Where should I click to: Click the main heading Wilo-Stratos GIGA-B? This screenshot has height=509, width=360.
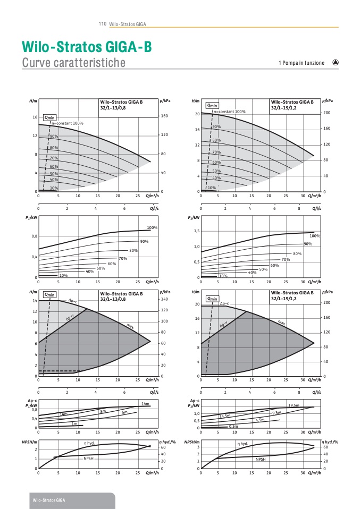coord(87,47)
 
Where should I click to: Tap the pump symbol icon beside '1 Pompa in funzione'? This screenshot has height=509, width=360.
coord(335,62)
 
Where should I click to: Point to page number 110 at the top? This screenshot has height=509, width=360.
coord(103,24)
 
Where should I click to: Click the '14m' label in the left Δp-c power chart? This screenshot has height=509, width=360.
coord(145,404)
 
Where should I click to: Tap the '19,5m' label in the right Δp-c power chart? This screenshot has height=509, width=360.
coord(294,405)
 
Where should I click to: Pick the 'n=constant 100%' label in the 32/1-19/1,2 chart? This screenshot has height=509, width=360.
coord(230,112)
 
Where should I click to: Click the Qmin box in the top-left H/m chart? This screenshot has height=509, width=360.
coord(50,117)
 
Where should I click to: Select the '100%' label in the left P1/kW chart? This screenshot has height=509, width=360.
coord(153,227)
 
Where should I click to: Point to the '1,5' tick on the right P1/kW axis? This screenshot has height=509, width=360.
coord(196,231)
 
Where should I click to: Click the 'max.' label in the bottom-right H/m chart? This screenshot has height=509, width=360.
coord(282,322)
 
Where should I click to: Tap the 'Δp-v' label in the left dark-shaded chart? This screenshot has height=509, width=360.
coord(70,318)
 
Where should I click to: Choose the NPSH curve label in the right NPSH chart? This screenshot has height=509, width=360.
coord(261,459)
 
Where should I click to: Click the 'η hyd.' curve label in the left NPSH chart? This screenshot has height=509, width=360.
coord(88,443)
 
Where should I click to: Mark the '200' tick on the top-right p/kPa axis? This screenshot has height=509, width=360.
coord(327,113)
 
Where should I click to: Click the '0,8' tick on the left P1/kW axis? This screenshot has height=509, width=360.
coord(34,236)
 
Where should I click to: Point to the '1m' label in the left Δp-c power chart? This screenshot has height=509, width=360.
coord(75,423)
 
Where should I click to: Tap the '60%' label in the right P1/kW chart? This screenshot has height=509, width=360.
coord(274,265)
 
